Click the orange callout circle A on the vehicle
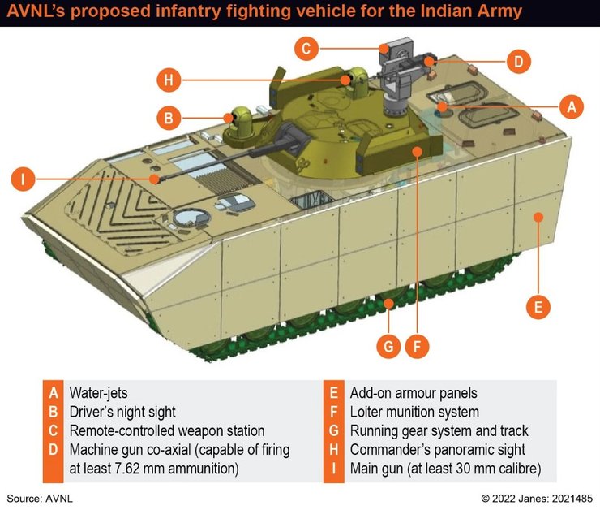click(x=572, y=106)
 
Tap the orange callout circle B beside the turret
click(x=168, y=119)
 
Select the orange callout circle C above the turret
click(x=306, y=49)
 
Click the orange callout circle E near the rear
click(x=537, y=307)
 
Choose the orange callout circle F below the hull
click(x=416, y=346)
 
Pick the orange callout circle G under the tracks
click(x=388, y=346)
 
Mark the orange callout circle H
click(x=168, y=80)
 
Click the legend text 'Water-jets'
click(x=98, y=393)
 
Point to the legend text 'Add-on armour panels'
click(x=413, y=393)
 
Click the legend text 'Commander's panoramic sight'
click(x=437, y=450)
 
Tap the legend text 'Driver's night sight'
click(x=122, y=412)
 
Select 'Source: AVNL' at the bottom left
click(x=45, y=497)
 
